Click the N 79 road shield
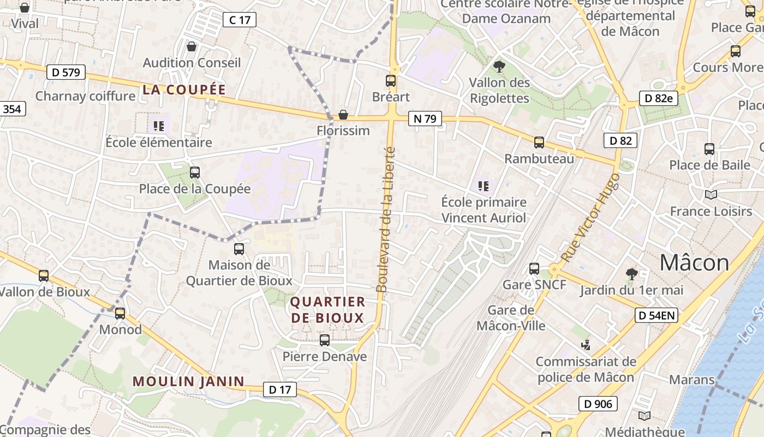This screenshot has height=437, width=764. click(425, 119)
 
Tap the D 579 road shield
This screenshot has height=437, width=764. click(67, 72)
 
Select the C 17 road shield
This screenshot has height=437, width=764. click(240, 20)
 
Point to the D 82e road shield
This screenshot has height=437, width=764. click(658, 98)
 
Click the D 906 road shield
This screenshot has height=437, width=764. click(598, 404)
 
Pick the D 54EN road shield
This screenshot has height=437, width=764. click(656, 315)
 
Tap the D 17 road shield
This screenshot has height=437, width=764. click(280, 389)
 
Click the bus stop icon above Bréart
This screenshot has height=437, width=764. click(391, 81)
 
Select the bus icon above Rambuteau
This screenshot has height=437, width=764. click(539, 143)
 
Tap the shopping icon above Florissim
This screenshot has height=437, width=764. click(343, 115)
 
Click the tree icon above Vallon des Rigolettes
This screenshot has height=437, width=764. click(499, 67)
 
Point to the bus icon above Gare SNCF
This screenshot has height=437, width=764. click(534, 269)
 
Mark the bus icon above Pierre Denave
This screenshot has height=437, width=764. click(325, 340)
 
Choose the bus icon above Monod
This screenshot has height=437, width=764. click(120, 314)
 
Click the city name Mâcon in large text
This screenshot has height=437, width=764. click(694, 263)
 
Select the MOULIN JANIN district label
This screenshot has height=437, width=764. click(188, 381)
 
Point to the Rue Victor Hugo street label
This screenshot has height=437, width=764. click(591, 217)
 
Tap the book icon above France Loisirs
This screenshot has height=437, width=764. click(711, 195)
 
